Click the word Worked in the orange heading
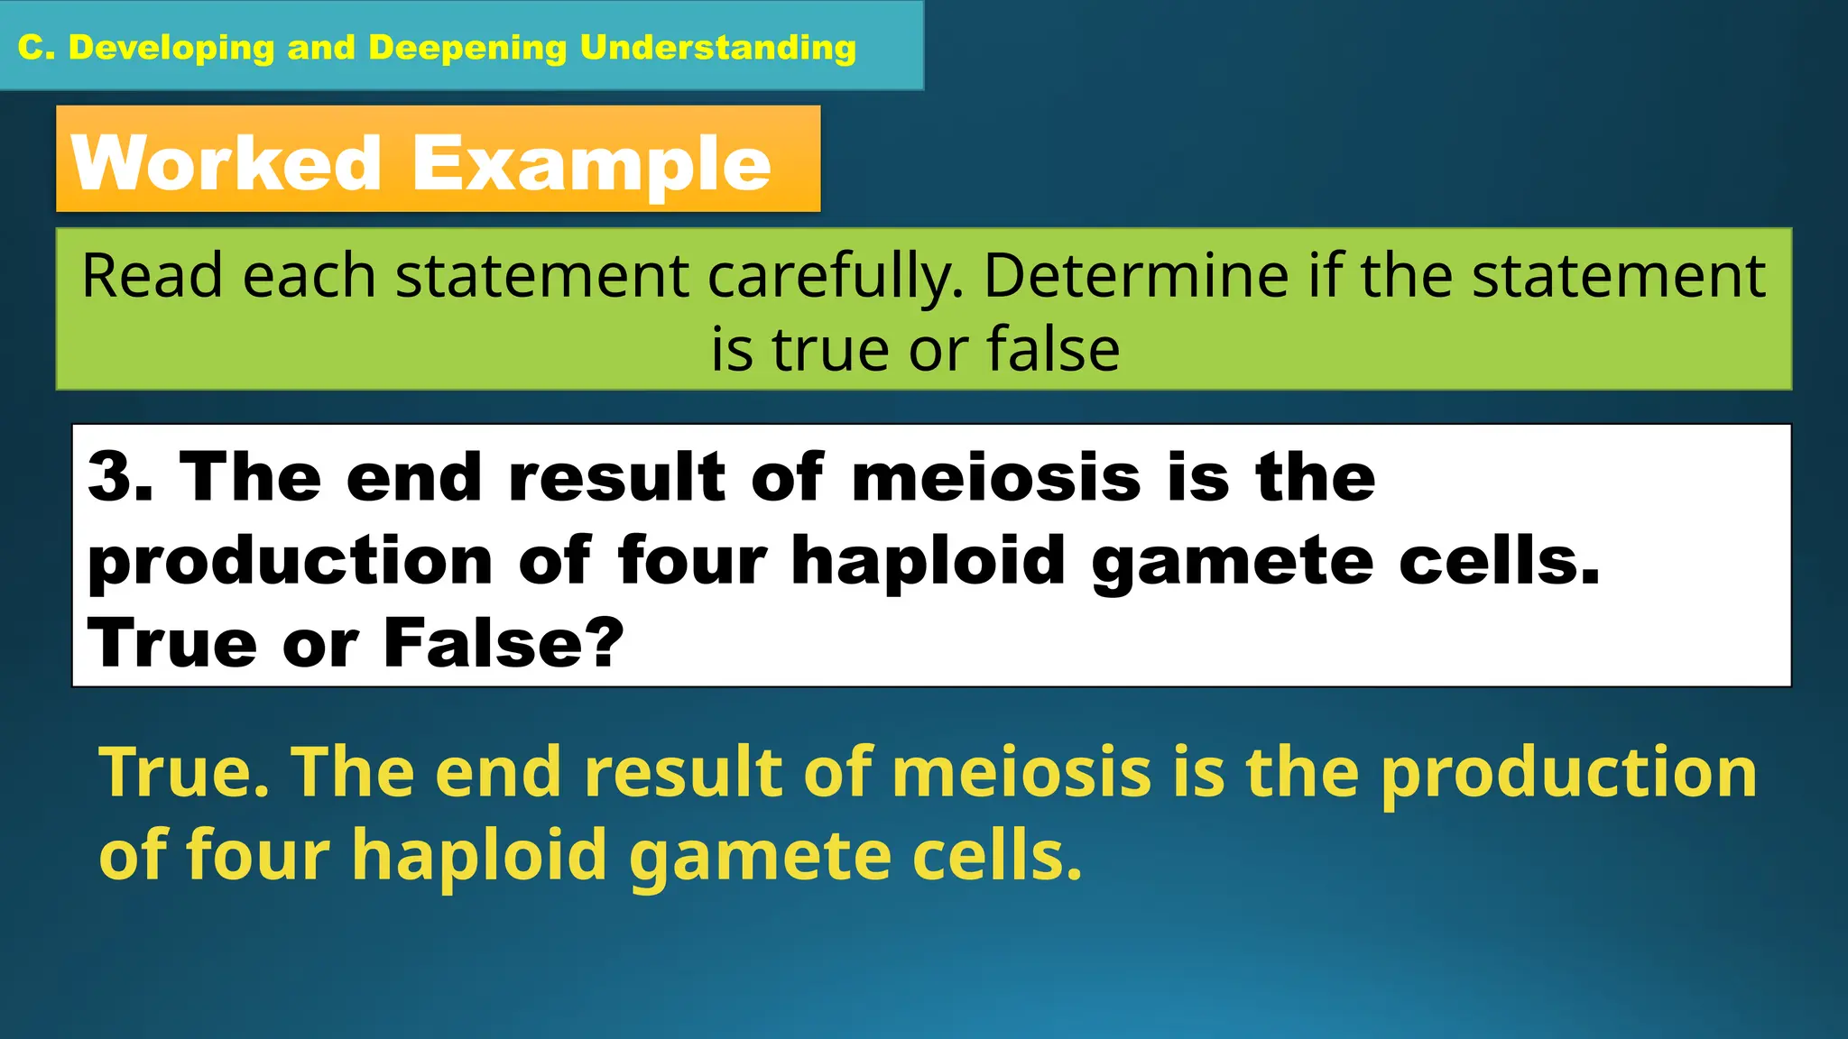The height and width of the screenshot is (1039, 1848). coord(226,163)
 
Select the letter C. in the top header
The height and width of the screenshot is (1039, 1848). coord(37,48)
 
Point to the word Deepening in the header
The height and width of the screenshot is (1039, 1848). coord(467,48)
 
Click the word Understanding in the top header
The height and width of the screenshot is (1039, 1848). coord(718,48)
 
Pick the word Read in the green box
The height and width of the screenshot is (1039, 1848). coord(152,276)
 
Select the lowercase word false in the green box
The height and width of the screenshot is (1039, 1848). coord(1053,349)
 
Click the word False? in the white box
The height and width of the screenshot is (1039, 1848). coord(504,642)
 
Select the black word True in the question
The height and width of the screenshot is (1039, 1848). coord(172,642)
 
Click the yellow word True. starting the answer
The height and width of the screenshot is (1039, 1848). coord(184,772)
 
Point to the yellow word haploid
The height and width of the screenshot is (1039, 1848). coord(479,855)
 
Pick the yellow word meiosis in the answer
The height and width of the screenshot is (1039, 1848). coord(1021,772)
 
